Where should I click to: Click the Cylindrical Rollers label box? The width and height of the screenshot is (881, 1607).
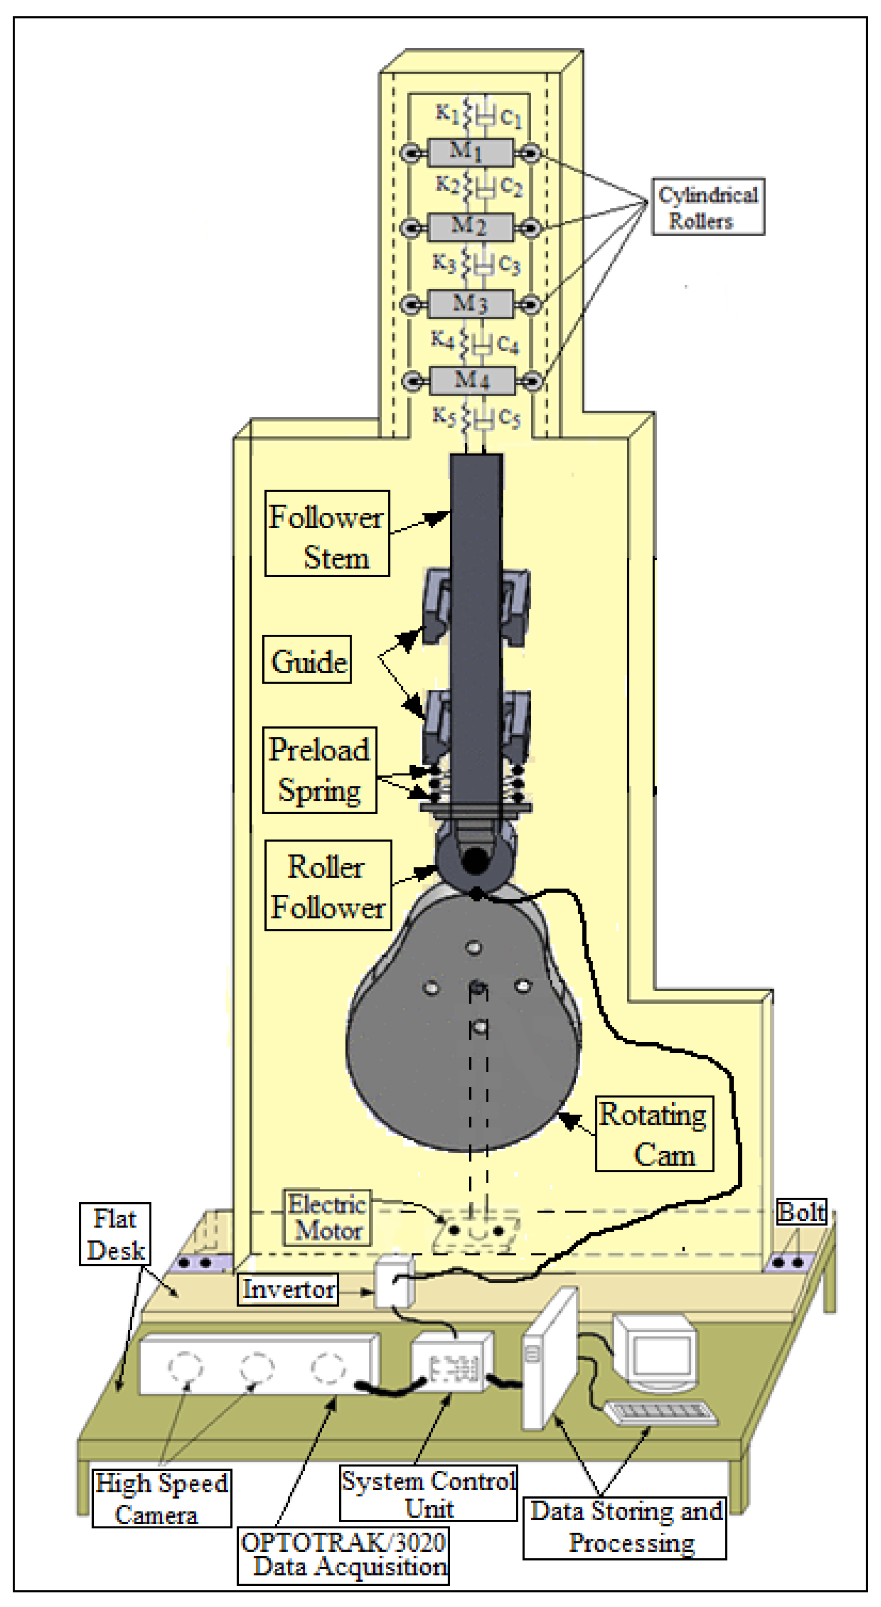pos(708,207)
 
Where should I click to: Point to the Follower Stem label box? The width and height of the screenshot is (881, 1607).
pos(327,533)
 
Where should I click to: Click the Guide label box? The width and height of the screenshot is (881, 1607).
pos(307,660)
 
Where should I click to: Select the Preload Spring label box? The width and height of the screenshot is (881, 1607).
pos(319,770)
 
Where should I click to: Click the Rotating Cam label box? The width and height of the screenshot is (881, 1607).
pos(654,1134)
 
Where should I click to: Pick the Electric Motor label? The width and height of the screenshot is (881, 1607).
pos(326,1218)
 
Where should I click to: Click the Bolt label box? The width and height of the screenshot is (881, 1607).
pos(801,1213)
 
